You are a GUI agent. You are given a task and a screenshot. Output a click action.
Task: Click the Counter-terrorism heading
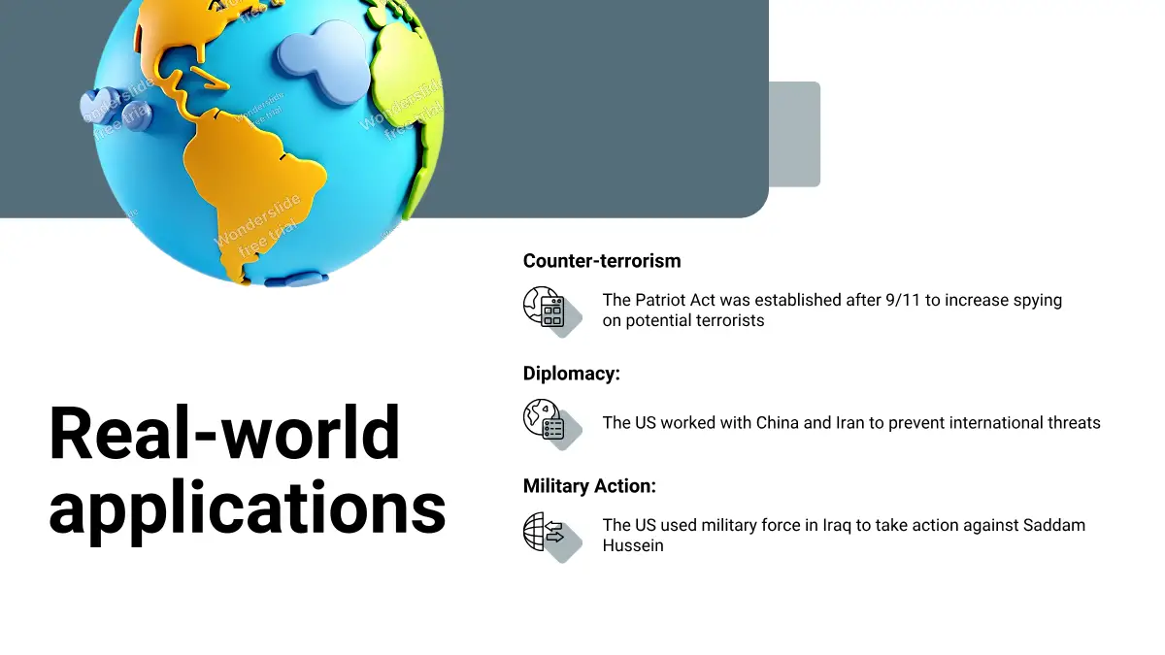click(602, 261)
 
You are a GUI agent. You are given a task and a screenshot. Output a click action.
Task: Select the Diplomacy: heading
click(572, 374)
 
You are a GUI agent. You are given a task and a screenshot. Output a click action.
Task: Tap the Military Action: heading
click(590, 486)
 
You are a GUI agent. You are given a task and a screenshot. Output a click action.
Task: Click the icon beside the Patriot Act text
click(551, 311)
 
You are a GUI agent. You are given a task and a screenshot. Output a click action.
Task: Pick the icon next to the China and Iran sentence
click(551, 424)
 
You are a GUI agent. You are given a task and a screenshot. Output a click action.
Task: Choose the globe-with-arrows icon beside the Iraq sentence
click(551, 537)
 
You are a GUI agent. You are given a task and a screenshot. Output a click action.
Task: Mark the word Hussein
click(633, 545)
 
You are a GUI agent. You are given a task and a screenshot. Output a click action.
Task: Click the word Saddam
click(1054, 526)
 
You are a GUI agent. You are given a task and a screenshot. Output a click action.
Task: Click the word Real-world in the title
click(224, 433)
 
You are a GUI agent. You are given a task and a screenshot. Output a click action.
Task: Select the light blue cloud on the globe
click(323, 61)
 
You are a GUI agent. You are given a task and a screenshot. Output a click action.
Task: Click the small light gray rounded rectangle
click(795, 134)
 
